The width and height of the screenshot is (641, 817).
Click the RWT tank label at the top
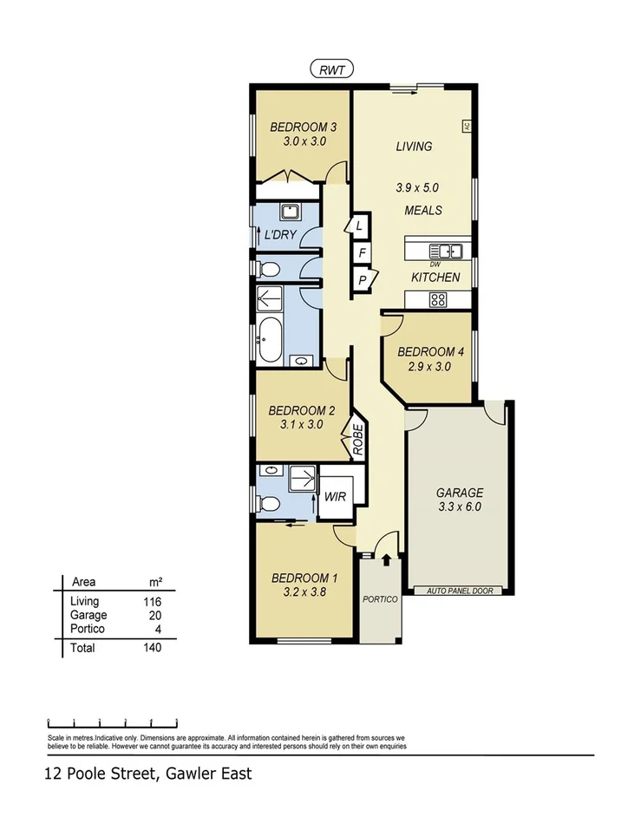330,70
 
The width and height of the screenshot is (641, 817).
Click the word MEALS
422,210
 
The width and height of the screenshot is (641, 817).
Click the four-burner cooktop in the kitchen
439,300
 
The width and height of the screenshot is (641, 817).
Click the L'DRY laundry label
281,236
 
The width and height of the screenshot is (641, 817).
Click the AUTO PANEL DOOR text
459,591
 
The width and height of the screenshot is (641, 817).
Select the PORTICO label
380,599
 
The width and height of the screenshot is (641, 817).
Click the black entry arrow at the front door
386,563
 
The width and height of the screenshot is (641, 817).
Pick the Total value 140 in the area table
152,647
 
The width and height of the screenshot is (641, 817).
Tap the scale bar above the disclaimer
113,721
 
